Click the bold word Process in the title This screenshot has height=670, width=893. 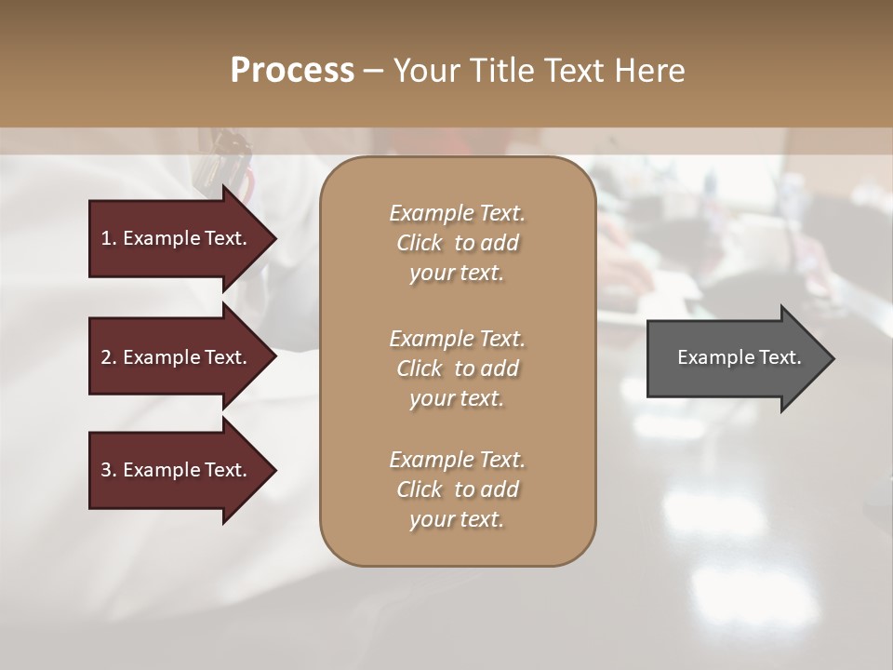292,71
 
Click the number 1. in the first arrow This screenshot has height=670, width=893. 109,238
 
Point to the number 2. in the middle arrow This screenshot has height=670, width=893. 109,357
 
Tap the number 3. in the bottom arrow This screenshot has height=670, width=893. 109,470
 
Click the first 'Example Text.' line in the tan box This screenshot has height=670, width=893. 457,213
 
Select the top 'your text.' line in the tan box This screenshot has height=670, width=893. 457,274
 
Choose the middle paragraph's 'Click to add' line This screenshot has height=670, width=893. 457,368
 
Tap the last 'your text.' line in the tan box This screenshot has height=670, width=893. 457,520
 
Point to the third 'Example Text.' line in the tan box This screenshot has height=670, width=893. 457,460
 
